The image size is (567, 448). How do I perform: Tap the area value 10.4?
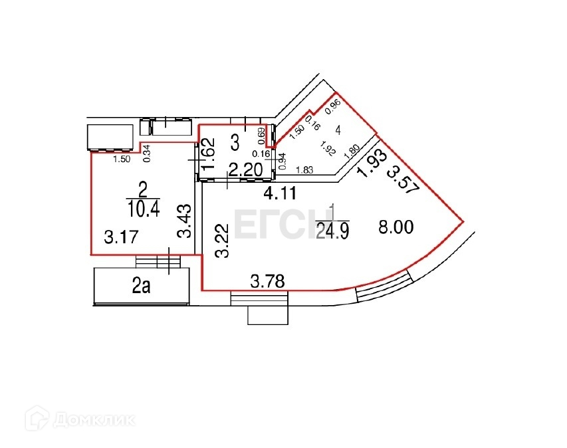(x=143, y=209)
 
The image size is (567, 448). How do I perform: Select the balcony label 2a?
(x=141, y=287)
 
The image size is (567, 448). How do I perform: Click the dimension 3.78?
(x=267, y=282)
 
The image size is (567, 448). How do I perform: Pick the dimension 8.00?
(x=396, y=227)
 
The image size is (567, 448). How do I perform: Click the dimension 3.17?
(x=116, y=235)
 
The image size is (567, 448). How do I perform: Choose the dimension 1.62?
(x=208, y=154)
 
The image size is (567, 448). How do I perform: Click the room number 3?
(x=234, y=141)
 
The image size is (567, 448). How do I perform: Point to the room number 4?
(x=339, y=130)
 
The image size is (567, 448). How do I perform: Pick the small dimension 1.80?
(x=352, y=150)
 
